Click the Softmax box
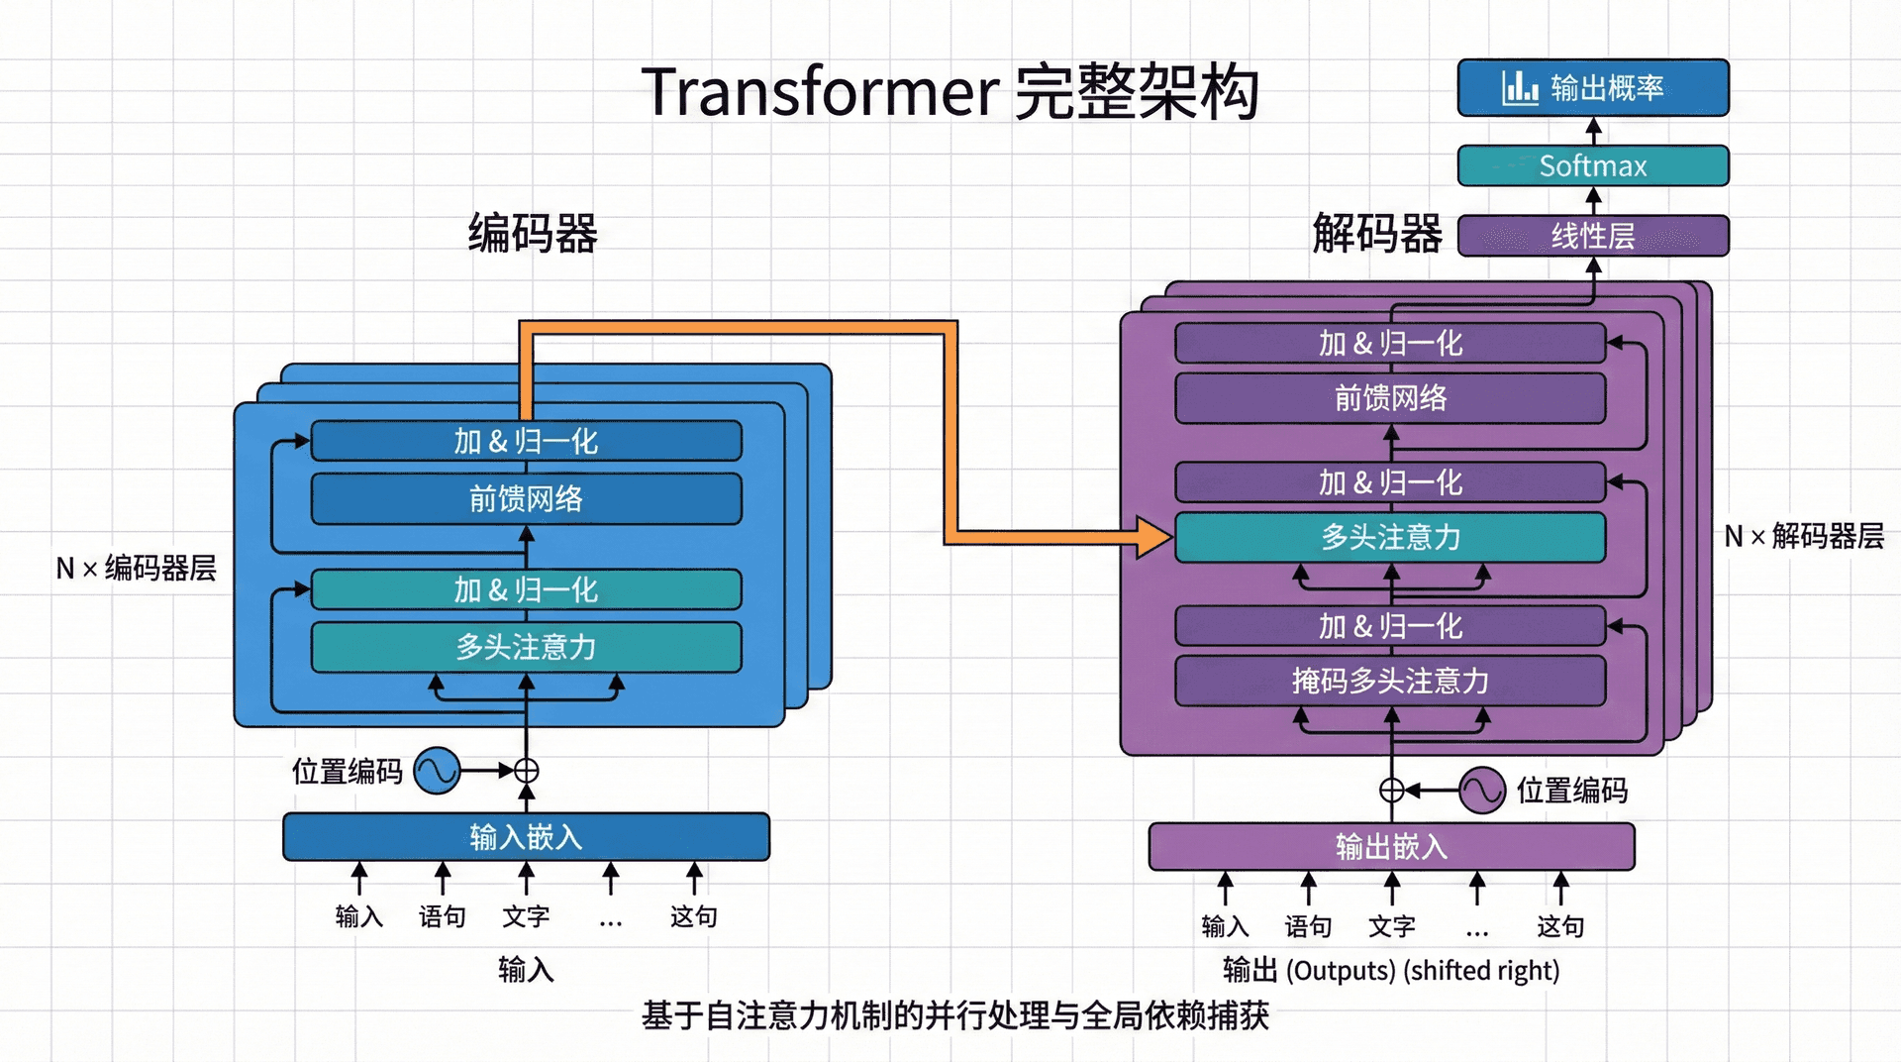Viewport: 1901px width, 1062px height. tap(1592, 165)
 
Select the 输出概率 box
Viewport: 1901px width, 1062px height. tap(1592, 88)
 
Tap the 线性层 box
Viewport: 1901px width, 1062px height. tap(1592, 236)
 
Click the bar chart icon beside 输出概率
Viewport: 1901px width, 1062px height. tap(1519, 88)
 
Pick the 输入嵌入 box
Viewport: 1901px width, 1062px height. tap(526, 837)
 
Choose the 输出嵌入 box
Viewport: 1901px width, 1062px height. tap(1391, 847)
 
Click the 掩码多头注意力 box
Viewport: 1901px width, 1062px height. tap(1390, 681)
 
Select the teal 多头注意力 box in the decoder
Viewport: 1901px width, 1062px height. tap(1390, 537)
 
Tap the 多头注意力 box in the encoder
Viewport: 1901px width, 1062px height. tap(526, 647)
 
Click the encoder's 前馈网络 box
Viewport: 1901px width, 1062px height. tap(526, 498)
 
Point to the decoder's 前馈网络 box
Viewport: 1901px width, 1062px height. tap(1390, 398)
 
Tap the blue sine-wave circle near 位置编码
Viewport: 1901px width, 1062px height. tap(437, 771)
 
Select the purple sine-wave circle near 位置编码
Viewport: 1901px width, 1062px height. tap(1482, 791)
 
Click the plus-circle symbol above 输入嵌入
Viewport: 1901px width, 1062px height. tap(527, 771)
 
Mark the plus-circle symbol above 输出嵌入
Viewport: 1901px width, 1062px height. tap(1392, 790)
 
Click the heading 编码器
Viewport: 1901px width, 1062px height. tap(533, 234)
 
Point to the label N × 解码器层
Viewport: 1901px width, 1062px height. tap(1803, 537)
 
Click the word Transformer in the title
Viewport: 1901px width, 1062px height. tap(820, 92)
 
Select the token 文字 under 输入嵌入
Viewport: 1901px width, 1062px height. tap(526, 916)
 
